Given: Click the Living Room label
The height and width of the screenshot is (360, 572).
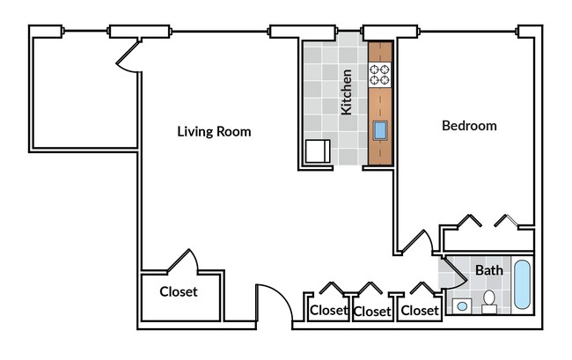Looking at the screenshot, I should click(214, 132).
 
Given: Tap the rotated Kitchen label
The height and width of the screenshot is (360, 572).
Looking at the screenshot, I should click(347, 92).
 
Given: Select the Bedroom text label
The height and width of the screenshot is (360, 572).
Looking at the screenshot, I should click(468, 126).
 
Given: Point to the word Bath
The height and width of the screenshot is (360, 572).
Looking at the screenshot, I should click(488, 270).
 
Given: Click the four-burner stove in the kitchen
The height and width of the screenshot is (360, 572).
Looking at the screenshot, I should click(379, 74).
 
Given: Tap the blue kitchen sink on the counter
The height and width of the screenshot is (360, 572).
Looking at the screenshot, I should click(380, 131).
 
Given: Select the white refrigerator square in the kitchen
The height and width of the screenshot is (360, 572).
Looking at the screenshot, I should click(317, 152).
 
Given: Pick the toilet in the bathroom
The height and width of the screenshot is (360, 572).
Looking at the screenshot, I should click(489, 302).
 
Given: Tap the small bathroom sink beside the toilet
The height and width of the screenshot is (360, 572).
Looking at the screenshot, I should click(462, 306).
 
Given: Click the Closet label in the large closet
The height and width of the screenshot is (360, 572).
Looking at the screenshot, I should click(178, 292).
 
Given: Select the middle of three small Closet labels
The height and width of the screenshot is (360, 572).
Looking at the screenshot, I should click(371, 312).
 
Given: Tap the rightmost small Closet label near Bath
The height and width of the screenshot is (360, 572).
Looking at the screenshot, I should click(419, 311).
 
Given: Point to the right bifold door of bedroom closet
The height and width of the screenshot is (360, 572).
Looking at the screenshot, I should click(508, 220).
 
